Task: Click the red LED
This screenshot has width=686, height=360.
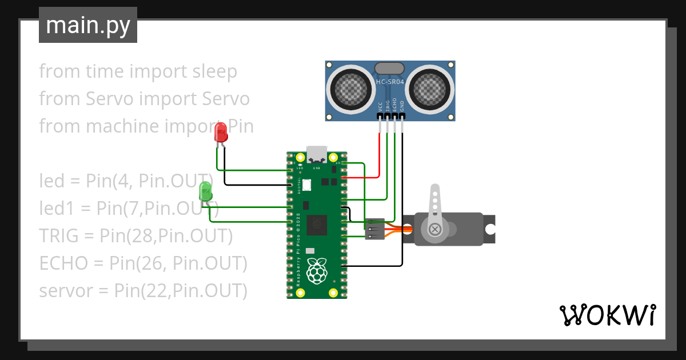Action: pos(220,134)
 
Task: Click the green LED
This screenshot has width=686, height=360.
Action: pos(205,191)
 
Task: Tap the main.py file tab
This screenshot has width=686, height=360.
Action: pos(88,25)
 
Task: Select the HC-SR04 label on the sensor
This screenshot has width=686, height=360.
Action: pos(390,82)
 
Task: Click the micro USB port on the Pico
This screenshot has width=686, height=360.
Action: pos(317,155)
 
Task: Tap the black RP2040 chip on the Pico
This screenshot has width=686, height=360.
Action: pos(316,225)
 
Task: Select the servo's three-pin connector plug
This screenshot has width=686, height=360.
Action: pos(374,229)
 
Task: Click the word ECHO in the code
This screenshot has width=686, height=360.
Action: pos(63,263)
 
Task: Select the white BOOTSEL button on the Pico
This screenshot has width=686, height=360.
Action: pos(307,185)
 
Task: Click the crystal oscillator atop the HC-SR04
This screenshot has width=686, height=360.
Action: pos(390,68)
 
